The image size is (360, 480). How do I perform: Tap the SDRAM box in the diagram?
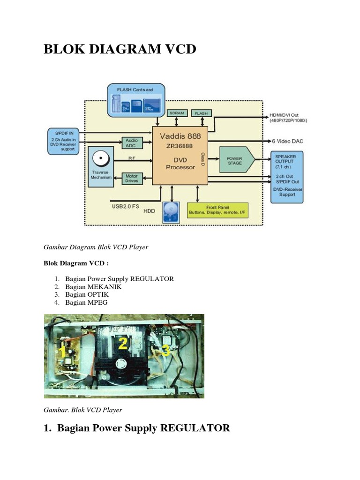tap(177, 113)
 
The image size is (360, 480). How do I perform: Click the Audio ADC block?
tap(131, 143)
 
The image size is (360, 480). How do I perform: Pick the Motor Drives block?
tap(132, 179)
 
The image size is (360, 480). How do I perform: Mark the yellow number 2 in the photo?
tap(123, 344)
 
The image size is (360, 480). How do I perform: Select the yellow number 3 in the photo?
tap(165, 351)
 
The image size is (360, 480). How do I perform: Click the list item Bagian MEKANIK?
tap(93, 286)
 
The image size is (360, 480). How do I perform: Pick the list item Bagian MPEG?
tap(86, 302)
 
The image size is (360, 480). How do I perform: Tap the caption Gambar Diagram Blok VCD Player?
tap(96, 247)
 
